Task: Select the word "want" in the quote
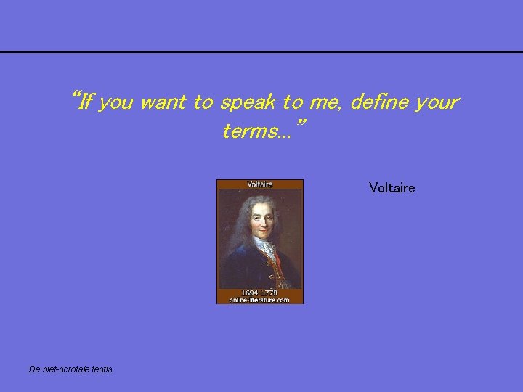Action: (163, 103)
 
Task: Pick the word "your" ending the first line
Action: (437, 103)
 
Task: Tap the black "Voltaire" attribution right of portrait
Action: (392, 188)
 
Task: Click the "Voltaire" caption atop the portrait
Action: (259, 184)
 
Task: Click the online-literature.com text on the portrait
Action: (259, 299)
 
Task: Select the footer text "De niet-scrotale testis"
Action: (70, 369)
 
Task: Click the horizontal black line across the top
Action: (261, 52)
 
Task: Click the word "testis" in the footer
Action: (101, 369)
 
